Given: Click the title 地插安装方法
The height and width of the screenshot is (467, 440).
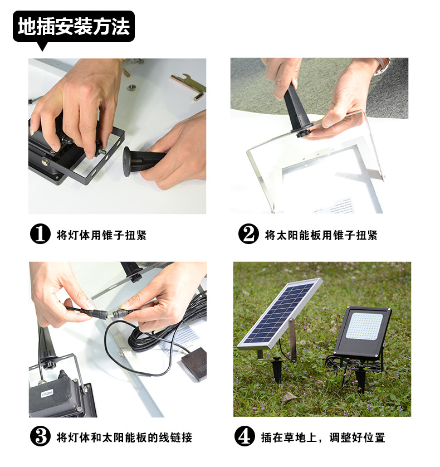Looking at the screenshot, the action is [74, 27].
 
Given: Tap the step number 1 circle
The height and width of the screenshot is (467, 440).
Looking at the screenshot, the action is [40, 234].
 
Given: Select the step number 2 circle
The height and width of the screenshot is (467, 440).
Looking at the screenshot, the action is [248, 234].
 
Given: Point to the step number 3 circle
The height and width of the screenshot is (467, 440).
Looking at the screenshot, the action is [40, 436].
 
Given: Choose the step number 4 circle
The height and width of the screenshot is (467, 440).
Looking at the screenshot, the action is [245, 436].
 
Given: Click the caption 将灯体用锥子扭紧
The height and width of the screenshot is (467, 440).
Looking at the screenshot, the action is [101, 235].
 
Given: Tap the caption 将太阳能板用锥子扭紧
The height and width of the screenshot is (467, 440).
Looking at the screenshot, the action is [321, 235].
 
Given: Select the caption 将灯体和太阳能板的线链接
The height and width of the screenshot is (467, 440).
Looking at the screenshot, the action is [124, 437].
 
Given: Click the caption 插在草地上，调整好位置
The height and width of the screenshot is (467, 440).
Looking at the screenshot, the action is [323, 437].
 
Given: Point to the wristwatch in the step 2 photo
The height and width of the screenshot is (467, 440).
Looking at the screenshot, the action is [382, 66].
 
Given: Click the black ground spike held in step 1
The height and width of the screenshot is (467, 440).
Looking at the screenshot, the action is [143, 161].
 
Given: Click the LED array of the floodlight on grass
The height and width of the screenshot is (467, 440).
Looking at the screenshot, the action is [364, 325].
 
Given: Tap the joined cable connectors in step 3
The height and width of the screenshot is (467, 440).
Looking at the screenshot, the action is [104, 314].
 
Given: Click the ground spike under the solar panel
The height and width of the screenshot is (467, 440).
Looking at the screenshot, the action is [277, 369].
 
